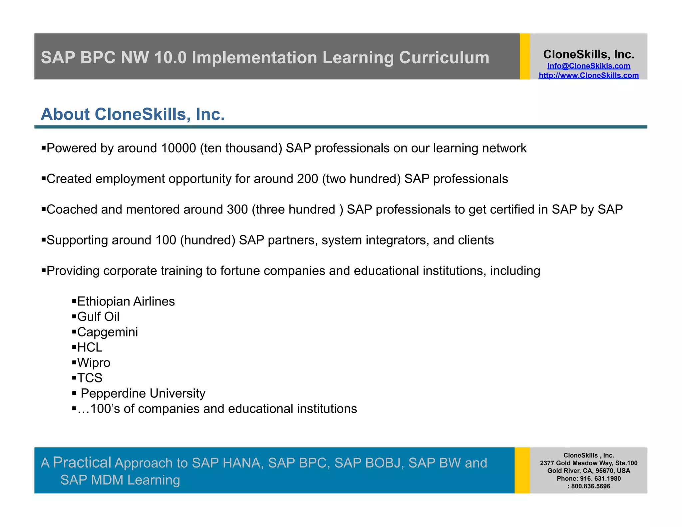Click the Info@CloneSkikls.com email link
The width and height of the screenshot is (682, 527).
tap(588, 66)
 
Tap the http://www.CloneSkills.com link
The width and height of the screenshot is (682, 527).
tap(588, 76)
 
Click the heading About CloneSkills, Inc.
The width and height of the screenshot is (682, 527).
tap(133, 114)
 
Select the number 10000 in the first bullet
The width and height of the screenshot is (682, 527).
tap(178, 148)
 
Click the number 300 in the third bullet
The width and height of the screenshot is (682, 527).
tap(237, 210)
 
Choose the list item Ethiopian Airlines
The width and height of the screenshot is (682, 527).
tap(126, 301)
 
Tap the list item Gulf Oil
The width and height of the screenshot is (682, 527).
tap(98, 317)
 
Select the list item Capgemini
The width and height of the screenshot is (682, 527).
tap(107, 332)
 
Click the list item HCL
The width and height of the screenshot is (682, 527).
tap(90, 347)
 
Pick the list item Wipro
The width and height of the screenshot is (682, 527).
tap(94, 363)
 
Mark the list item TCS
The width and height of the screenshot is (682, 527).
tap(90, 378)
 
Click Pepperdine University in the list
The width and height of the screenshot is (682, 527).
tap(143, 393)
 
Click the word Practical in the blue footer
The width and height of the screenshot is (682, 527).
tap(82, 462)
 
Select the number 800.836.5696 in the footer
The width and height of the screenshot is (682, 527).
tap(590, 486)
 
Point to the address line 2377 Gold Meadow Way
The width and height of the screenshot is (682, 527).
tap(588, 463)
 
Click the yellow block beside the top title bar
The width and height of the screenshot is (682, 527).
tap(524, 56)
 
